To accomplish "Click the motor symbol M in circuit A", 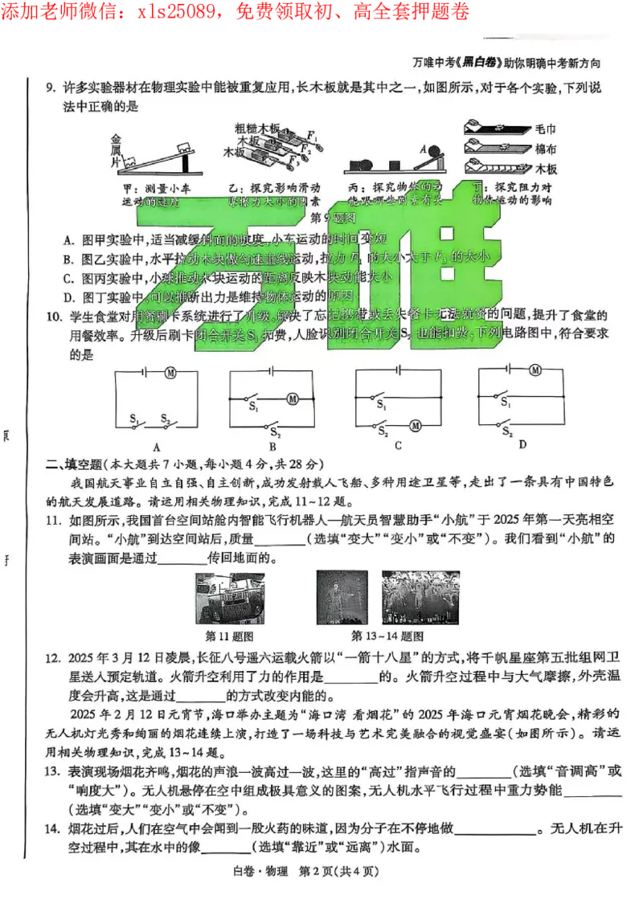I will (170, 373).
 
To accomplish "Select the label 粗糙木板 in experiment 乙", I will (257, 128).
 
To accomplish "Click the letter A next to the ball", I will (423, 148).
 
